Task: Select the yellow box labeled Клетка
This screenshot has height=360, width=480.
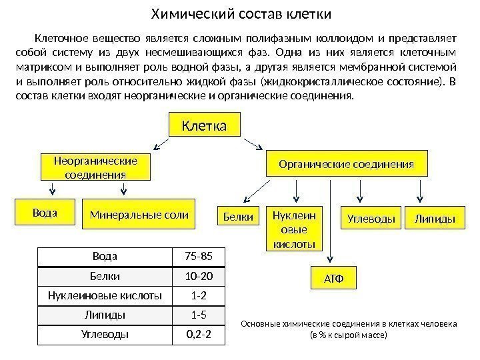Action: [207, 125]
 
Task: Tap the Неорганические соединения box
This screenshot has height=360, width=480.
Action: [95, 168]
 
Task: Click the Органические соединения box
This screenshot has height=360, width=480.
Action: [346, 164]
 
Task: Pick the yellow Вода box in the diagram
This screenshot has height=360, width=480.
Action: [45, 213]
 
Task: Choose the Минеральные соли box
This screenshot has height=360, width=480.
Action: [139, 215]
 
